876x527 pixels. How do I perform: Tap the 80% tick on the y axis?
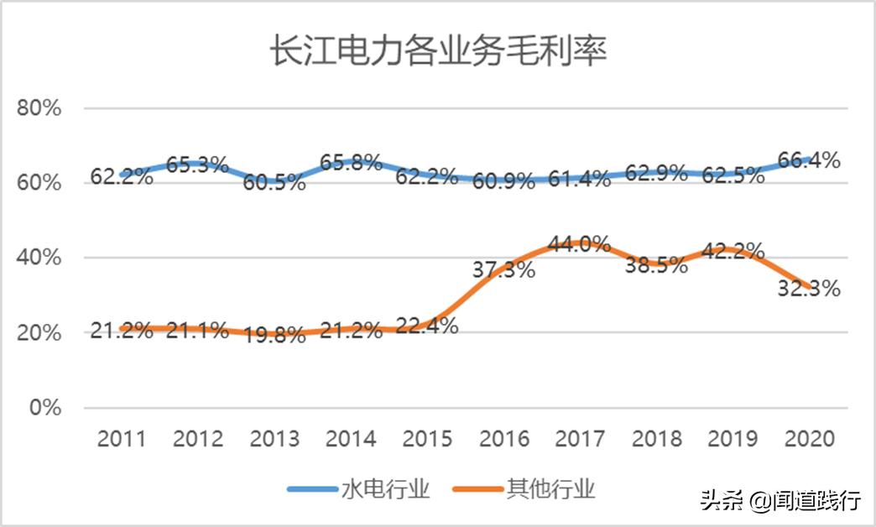point(38,108)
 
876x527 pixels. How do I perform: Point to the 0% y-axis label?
point(43,408)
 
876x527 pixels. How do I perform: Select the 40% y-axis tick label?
point(38,258)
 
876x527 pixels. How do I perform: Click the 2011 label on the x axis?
point(121,439)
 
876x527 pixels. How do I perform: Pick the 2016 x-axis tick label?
point(505,439)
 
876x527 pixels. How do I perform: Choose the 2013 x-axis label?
point(274,439)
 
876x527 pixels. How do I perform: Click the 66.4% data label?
point(809,159)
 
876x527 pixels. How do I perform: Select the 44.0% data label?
point(579,244)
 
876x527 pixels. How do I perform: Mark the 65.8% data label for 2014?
point(351,162)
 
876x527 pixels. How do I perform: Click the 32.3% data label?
point(809,289)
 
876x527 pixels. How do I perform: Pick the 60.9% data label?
point(503,180)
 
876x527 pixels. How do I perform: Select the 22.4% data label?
point(427,326)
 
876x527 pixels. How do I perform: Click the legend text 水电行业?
point(386,489)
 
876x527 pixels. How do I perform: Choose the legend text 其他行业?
point(551,489)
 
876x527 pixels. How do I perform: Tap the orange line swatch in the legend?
point(477,489)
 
